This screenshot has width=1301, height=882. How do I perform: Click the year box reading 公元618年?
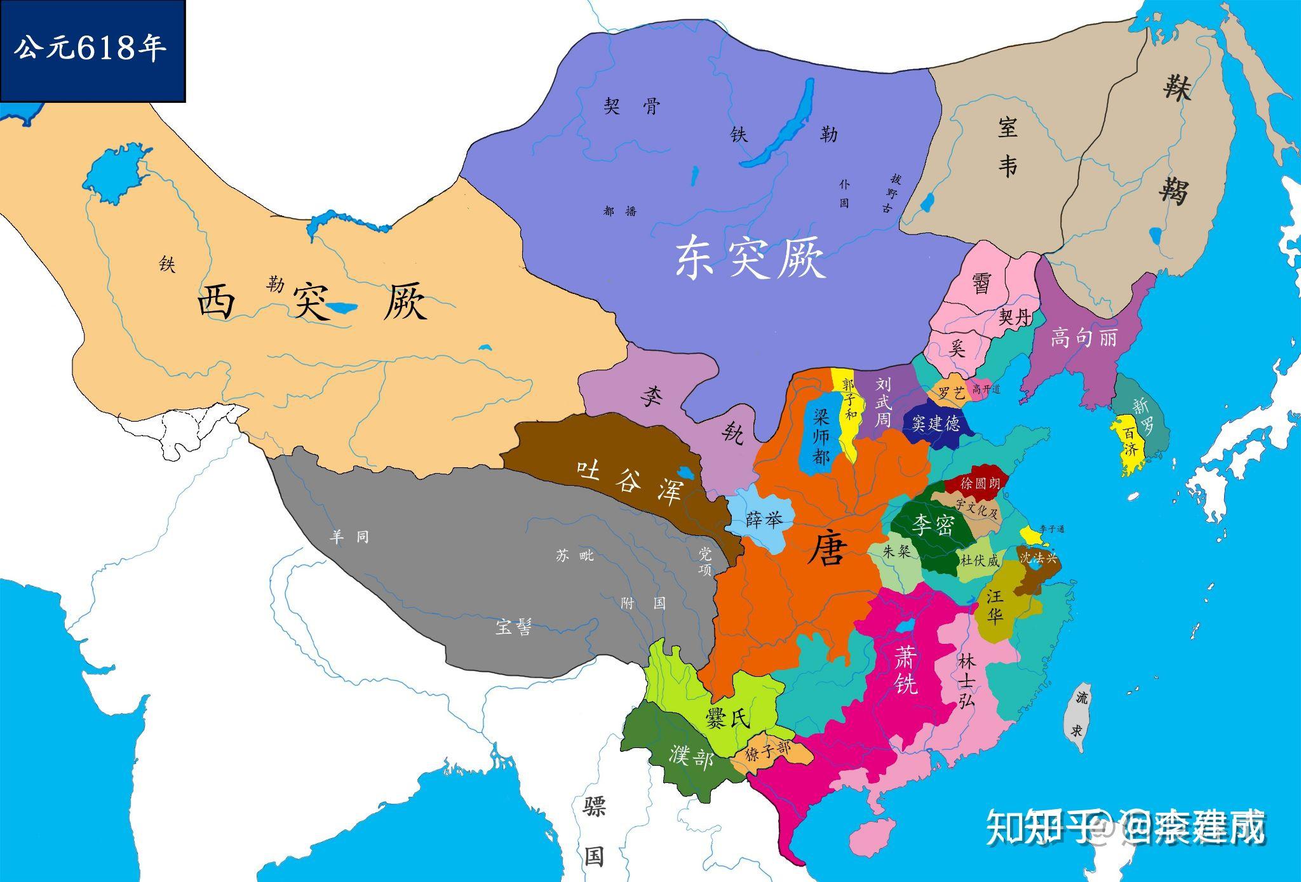[92, 50]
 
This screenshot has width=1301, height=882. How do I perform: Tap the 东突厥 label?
[750, 258]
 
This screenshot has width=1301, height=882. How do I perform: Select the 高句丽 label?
[1083, 337]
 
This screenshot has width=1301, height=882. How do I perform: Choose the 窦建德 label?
[935, 424]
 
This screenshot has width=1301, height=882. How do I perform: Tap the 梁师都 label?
[821, 436]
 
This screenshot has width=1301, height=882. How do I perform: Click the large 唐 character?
[828, 549]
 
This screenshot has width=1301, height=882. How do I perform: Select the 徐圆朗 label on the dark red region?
[980, 483]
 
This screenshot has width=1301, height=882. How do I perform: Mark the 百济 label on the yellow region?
[1129, 442]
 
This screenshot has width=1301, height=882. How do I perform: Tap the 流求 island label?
[1078, 715]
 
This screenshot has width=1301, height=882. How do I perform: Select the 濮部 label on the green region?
[691, 756]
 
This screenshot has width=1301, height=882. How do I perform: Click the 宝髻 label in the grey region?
[513, 627]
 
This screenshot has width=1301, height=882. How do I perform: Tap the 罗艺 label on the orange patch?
[951, 393]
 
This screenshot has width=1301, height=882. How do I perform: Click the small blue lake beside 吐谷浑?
[685, 474]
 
